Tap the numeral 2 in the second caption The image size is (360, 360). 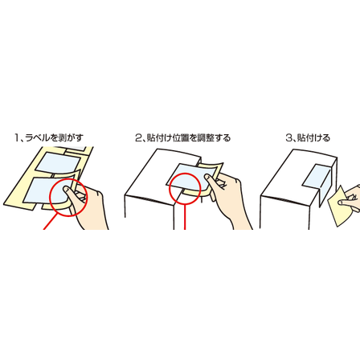(x=138, y=137)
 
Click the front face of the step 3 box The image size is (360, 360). (x=289, y=211)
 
